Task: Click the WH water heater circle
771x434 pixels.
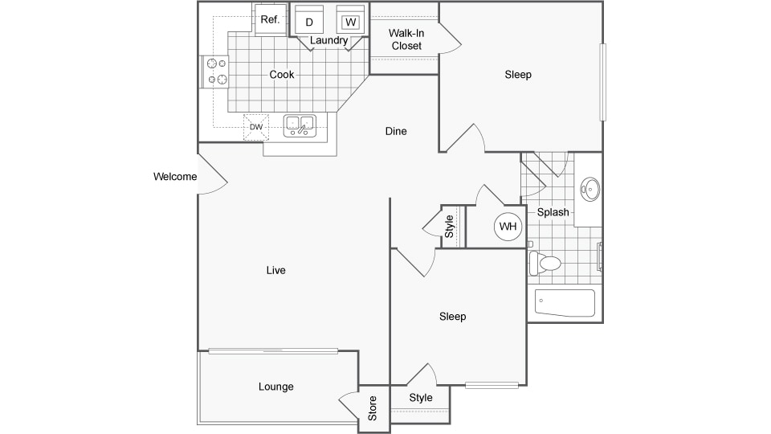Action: [x=508, y=227]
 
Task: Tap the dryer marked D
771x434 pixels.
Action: [x=309, y=19]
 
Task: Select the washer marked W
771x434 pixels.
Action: [x=351, y=19]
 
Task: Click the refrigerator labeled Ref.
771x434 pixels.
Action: [x=270, y=19]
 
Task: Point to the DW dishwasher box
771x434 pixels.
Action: [x=256, y=127]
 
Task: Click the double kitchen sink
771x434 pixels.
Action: [x=300, y=125]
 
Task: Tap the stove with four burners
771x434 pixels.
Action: [x=214, y=72]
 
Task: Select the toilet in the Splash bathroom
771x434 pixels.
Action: [x=545, y=264]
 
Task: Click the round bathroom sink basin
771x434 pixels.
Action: [x=590, y=189]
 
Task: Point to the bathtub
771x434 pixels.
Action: [x=565, y=303]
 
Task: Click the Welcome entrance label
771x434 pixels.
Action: [x=175, y=177]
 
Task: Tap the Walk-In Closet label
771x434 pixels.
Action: [x=406, y=39]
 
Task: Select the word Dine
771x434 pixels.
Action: [x=396, y=131]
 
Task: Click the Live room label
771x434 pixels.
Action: [x=275, y=270]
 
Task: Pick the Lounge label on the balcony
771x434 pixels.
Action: [x=275, y=387]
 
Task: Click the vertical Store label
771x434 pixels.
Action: [x=372, y=408]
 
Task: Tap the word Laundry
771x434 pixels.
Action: [x=329, y=40]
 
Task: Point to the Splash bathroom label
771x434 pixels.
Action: [x=553, y=212]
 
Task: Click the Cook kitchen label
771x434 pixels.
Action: [x=282, y=74]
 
